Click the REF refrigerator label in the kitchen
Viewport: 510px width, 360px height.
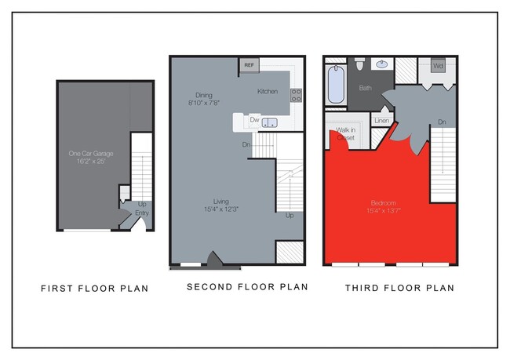pyautogui.click(x=250, y=65)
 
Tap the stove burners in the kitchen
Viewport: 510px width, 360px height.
pyautogui.click(x=297, y=95)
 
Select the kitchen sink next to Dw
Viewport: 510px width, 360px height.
pyautogui.click(x=269, y=122)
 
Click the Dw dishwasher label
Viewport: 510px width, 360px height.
pyautogui.click(x=254, y=121)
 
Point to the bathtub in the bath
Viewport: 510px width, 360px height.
pyautogui.click(x=337, y=85)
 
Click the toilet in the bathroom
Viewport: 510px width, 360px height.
pyautogui.click(x=359, y=64)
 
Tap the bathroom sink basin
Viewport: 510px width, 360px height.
pyautogui.click(x=384, y=64)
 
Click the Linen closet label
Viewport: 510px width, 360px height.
pyautogui.click(x=382, y=120)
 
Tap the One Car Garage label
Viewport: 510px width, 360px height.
pyautogui.click(x=91, y=154)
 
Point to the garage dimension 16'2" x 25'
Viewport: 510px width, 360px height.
pyautogui.click(x=91, y=162)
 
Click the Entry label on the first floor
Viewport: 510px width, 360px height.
pyautogui.click(x=142, y=213)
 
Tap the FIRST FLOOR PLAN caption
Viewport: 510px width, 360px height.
pyautogui.click(x=94, y=289)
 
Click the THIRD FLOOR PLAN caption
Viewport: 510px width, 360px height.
pyautogui.click(x=399, y=289)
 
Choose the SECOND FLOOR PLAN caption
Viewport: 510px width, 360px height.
pyautogui.click(x=247, y=287)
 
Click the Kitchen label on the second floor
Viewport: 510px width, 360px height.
pyautogui.click(x=268, y=92)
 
